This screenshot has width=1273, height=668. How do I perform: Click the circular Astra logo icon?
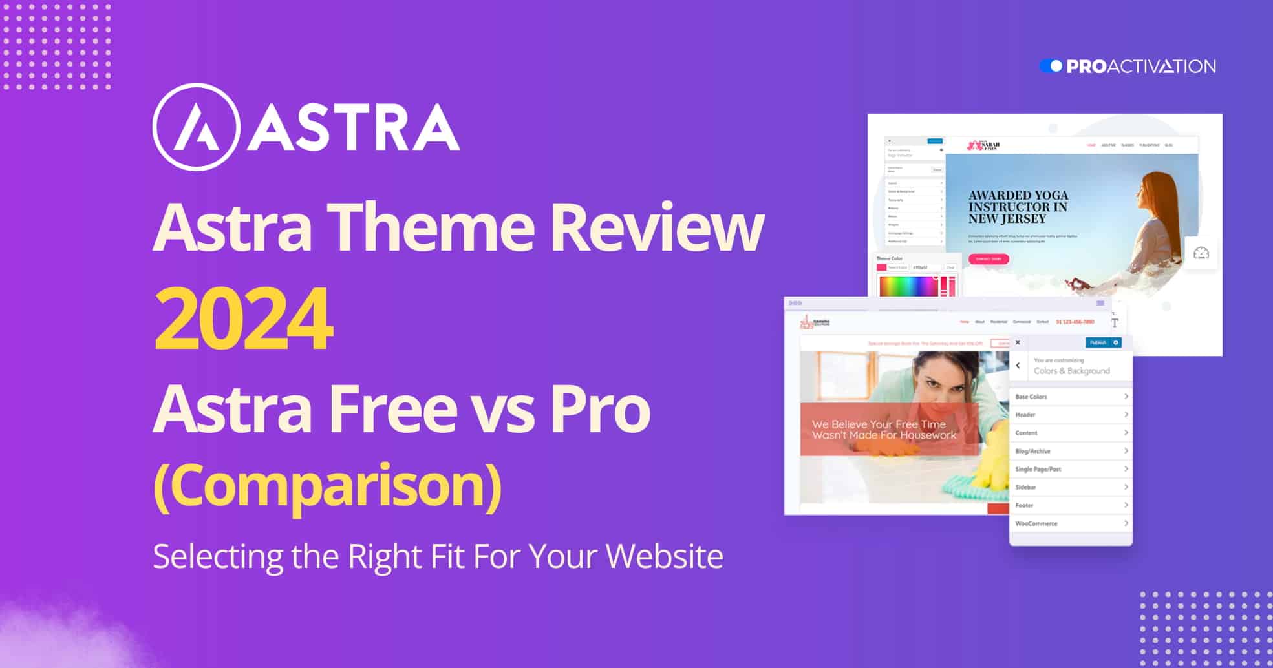point(196,127)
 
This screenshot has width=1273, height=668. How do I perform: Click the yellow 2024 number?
point(244,321)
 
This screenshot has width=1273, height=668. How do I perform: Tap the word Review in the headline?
point(656,227)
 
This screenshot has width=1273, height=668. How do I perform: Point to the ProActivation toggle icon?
point(1051,66)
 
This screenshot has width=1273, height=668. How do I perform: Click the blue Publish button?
point(1102,342)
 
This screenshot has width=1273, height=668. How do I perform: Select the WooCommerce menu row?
point(1071,523)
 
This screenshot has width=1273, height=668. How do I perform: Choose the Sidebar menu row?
point(1071,487)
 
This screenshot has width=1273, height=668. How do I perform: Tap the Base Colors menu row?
point(1071,397)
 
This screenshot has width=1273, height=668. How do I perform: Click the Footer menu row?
point(1071,505)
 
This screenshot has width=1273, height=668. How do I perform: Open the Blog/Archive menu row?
point(1071,451)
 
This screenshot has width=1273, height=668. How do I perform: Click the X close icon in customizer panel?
point(1018,342)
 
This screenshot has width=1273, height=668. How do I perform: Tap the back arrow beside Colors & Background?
point(1018,366)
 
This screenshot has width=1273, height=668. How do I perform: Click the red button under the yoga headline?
point(988,259)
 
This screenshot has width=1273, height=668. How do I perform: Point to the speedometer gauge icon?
point(1201,253)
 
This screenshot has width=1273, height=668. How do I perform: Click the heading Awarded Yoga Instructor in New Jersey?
point(1018,207)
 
